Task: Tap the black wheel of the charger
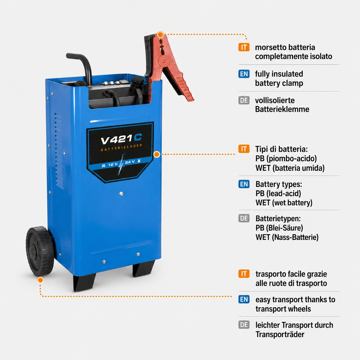(x=40, y=251)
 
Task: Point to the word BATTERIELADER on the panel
(x=121, y=147)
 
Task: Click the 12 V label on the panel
(x=113, y=164)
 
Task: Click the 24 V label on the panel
(x=130, y=162)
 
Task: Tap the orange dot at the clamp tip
(x=160, y=34)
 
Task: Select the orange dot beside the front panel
(x=157, y=154)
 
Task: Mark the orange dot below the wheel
(x=40, y=280)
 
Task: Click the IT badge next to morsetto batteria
(x=244, y=47)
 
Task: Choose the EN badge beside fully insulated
(x=244, y=74)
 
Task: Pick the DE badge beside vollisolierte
(x=244, y=100)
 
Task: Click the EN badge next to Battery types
(x=244, y=184)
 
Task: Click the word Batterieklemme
(x=282, y=109)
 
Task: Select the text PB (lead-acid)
(x=278, y=193)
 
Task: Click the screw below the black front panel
(x=121, y=194)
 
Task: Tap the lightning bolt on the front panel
(x=121, y=164)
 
